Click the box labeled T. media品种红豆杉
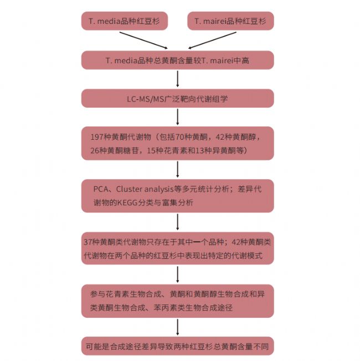coord(125,21)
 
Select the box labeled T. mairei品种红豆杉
coord(230,21)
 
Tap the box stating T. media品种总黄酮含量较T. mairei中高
coord(177,60)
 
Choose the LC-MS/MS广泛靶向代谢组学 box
coord(177,98)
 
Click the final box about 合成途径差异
coord(177,346)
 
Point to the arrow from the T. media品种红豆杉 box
coord(143,40)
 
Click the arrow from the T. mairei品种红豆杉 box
coord(212,40)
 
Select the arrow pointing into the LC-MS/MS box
coord(177,79)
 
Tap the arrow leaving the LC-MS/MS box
coord(177,117)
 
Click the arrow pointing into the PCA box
coord(177,169)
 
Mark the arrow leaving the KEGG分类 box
coord(177,222)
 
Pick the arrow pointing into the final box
coord(177,327)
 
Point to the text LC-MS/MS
coord(146,99)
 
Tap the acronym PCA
coord(101,189)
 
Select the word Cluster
coord(129,189)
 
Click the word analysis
coord(158,190)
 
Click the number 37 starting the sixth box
coord(88,242)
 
